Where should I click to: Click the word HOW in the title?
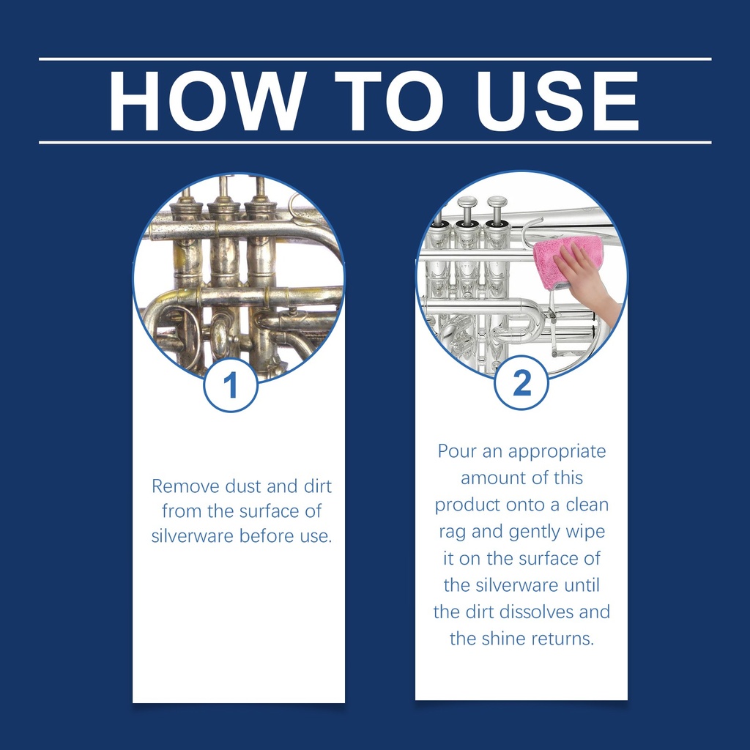click(207, 101)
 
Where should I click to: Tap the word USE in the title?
click(557, 101)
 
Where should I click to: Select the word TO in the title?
click(389, 101)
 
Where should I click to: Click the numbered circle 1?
click(231, 385)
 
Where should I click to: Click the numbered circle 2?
click(521, 382)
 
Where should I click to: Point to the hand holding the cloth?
click(588, 282)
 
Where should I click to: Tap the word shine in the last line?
click(502, 639)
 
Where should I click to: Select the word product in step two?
click(467, 505)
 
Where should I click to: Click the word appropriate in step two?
click(557, 452)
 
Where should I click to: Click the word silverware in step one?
click(193, 536)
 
